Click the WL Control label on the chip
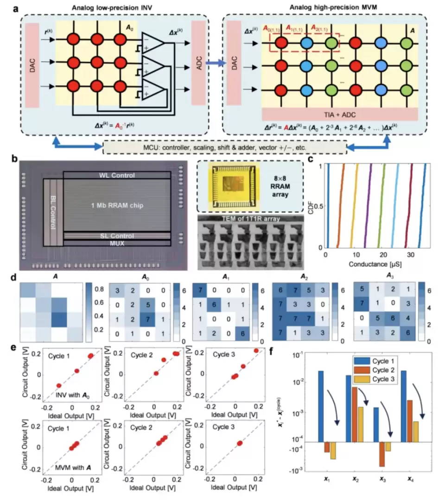coord(117,176)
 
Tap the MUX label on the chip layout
coord(117,242)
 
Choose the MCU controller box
coord(225,147)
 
